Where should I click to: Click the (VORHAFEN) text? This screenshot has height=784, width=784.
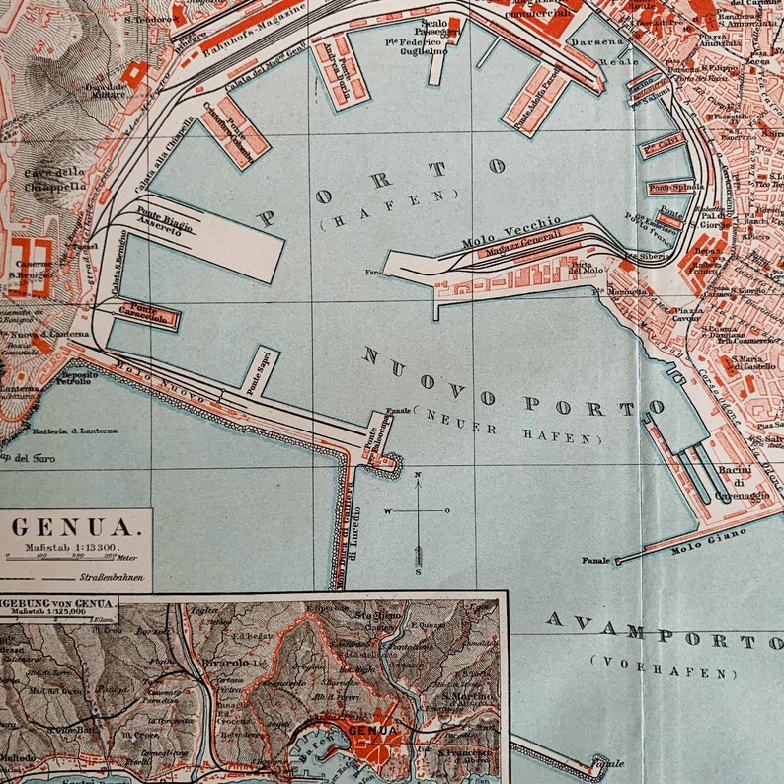tap(663, 666)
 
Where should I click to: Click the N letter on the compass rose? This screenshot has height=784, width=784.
tap(418, 476)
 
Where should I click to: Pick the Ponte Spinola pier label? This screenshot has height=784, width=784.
tap(671, 187)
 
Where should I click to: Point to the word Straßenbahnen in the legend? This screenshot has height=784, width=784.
tap(109, 575)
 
